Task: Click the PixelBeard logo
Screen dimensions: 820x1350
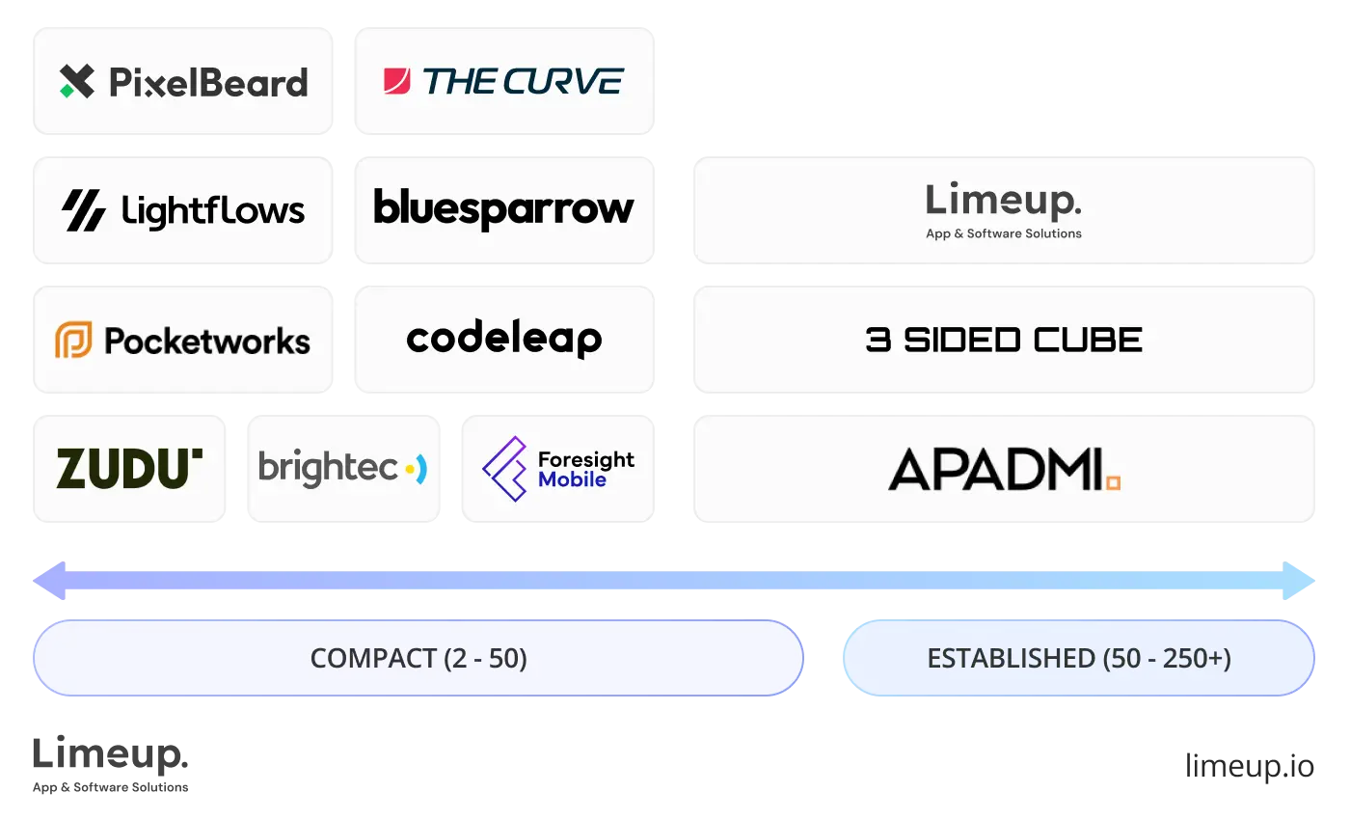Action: tap(184, 82)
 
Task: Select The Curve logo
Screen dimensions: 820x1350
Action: tap(504, 82)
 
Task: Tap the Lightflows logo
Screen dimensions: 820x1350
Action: tap(184, 210)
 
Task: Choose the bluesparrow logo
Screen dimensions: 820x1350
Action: tap(504, 209)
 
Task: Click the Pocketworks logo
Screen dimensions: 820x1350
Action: tap(184, 341)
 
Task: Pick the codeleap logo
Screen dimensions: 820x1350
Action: tap(504, 339)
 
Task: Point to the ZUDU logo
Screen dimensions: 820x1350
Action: tap(130, 469)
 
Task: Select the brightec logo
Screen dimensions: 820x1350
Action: tap(343, 469)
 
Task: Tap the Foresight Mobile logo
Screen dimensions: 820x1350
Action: tap(559, 469)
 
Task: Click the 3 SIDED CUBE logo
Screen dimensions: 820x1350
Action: tap(1005, 340)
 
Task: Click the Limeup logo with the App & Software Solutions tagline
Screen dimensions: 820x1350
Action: tap(1004, 210)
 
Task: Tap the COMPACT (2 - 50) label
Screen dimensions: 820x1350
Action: tap(418, 659)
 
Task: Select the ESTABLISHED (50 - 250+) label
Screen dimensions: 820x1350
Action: tap(1079, 659)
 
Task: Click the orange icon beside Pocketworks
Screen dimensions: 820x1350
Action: tap(73, 341)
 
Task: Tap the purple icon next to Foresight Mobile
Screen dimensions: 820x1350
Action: tap(504, 469)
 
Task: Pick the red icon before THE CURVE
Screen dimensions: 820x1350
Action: tap(397, 81)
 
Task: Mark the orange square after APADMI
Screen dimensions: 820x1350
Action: tap(1113, 482)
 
